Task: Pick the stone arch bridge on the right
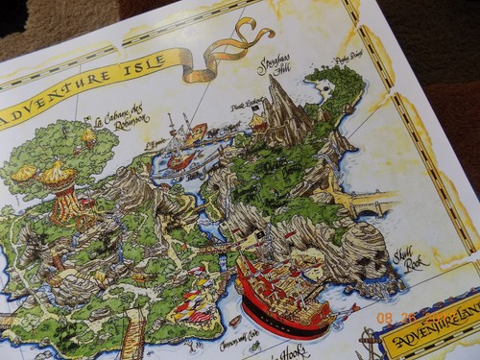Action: [x=369, y=201]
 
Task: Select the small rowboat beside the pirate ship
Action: [x=234, y=322]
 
